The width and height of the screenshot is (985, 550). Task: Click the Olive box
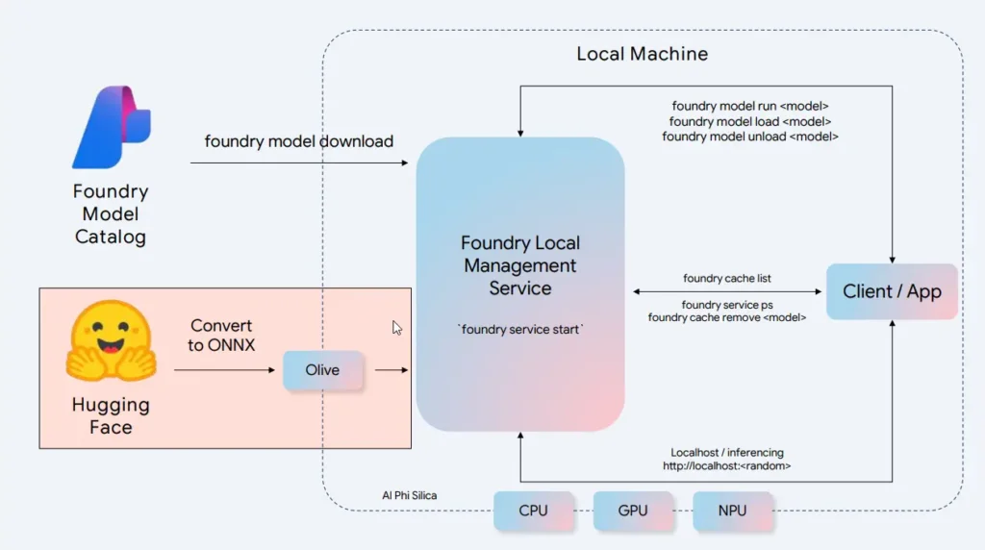point(322,370)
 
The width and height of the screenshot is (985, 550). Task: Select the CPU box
point(533,511)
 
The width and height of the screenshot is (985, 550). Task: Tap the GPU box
point(633,511)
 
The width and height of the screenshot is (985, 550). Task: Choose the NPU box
point(733,511)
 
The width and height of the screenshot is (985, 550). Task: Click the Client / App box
point(892,291)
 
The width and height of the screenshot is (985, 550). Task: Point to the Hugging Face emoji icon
point(111,341)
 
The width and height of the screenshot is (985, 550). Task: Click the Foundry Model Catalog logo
point(112,128)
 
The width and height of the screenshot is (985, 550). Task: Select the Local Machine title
point(642,54)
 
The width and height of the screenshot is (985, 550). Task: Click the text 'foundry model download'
point(299,141)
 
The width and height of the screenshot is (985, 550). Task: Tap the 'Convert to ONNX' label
point(222,336)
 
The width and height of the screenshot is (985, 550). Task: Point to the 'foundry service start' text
point(520,330)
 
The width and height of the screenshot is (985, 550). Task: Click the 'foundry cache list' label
point(727,279)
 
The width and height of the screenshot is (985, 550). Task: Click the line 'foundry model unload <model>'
point(750,137)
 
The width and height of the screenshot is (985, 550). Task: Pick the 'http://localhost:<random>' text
point(727,466)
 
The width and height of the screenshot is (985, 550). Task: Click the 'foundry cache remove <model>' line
point(727,317)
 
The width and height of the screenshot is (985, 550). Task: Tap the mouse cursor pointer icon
point(397,328)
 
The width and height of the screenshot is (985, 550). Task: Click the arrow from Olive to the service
point(391,370)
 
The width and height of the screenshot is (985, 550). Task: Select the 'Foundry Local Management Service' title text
point(520,265)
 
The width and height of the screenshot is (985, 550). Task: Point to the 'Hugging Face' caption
point(111,416)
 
